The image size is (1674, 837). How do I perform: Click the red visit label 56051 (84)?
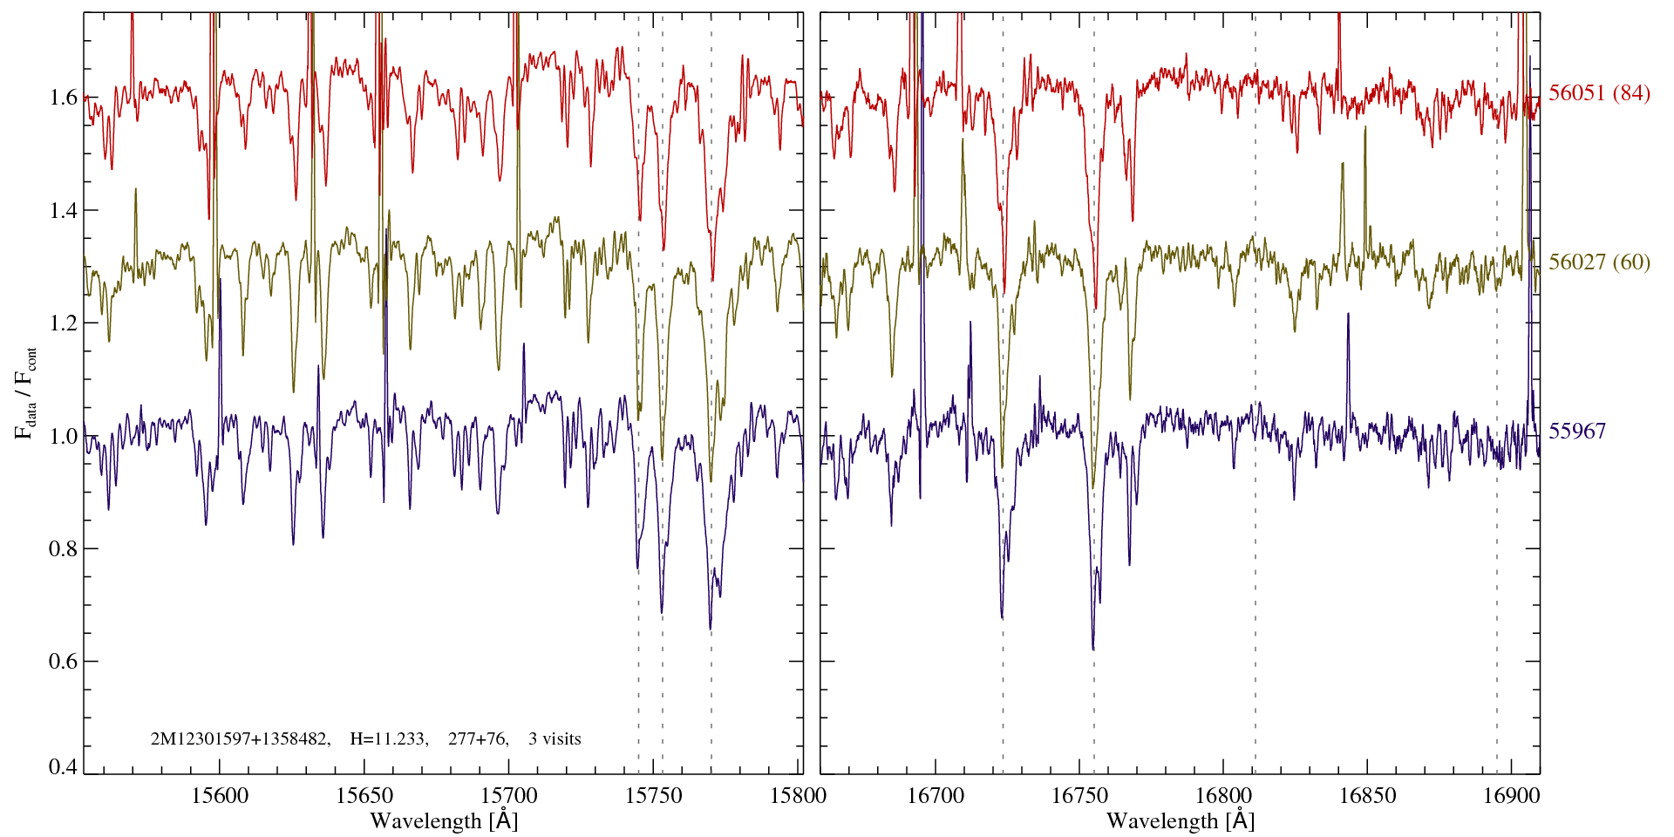1599,93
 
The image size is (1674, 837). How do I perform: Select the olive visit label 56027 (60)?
1599,262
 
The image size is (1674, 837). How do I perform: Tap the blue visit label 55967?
1577,432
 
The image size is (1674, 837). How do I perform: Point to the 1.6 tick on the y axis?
64,97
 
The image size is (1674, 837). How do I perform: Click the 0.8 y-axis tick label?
64,549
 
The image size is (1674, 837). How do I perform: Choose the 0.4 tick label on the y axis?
64,767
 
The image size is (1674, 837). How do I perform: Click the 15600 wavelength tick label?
220,796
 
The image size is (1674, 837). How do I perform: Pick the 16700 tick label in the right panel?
936,796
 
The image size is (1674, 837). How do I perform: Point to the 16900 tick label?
1510,796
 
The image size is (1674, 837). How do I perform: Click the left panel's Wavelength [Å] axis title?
444,820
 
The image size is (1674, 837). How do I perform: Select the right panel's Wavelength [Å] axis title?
1181,820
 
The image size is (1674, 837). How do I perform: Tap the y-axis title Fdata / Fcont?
26,392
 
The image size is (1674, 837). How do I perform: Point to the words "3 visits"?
555,739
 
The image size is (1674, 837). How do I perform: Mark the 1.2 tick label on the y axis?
64,323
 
